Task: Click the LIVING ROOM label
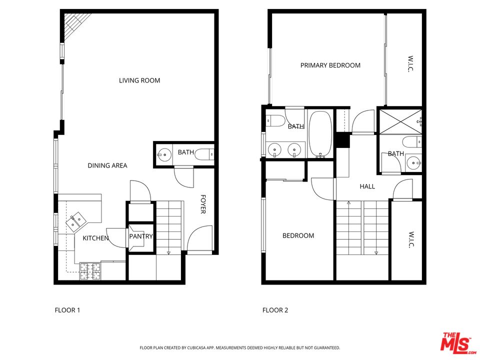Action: [139, 80]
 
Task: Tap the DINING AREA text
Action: [107, 165]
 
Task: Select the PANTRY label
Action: [141, 236]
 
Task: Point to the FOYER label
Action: [203, 204]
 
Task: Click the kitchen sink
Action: [77, 220]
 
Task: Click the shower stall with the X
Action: [400, 121]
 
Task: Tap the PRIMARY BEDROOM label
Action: [330, 65]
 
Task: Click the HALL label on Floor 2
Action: [367, 186]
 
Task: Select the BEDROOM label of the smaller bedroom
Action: [298, 236]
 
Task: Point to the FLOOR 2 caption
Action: [275, 310]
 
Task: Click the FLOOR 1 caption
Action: [67, 310]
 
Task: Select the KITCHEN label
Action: [95, 238]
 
